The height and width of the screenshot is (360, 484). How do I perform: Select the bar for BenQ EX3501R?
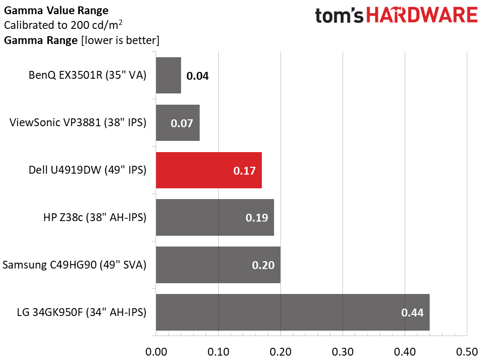(x=168, y=75)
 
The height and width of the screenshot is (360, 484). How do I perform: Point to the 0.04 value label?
(x=198, y=76)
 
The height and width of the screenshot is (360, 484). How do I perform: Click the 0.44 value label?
(x=413, y=313)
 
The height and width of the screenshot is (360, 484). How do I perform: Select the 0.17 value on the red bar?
(x=245, y=171)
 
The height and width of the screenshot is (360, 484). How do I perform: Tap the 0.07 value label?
(x=183, y=123)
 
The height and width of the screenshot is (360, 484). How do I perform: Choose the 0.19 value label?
(x=257, y=218)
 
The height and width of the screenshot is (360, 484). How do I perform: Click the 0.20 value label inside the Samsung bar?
(x=263, y=265)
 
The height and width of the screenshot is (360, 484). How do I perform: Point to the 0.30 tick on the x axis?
(x=343, y=351)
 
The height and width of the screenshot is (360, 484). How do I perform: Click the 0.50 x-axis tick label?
(x=466, y=351)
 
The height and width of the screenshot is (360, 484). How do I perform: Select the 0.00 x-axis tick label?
(x=157, y=351)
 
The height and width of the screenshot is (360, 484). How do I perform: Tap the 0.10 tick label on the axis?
(x=218, y=351)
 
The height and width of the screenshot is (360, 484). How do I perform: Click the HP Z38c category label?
(x=94, y=218)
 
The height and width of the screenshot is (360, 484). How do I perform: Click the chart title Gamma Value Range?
(x=56, y=10)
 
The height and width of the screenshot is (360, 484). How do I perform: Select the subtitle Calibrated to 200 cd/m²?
(x=63, y=25)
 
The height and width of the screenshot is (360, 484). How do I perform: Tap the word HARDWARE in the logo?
(x=422, y=16)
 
